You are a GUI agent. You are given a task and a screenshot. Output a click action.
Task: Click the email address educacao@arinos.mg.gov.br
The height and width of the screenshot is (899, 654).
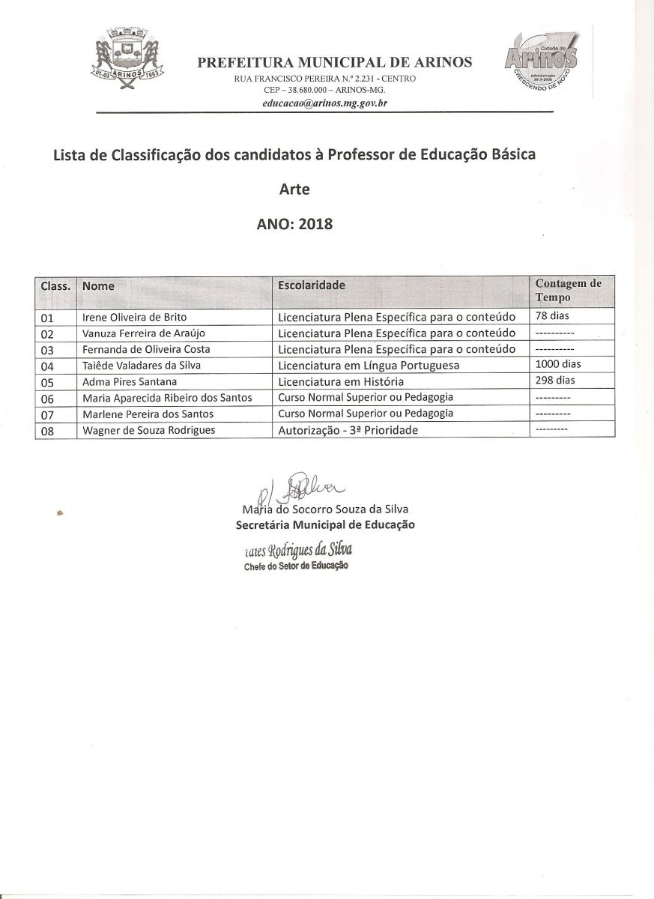pos(324,103)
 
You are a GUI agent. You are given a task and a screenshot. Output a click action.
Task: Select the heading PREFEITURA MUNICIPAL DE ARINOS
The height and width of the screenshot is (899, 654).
pos(335,63)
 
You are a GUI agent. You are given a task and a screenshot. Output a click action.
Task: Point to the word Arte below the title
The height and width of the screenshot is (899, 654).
pos(294,190)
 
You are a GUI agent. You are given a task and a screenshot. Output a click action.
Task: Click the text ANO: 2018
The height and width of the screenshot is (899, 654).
pos(294,224)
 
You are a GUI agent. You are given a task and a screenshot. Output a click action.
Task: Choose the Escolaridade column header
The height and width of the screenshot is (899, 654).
pos(312,285)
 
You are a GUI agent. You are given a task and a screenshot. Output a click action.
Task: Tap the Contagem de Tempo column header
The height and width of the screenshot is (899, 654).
pos(568,290)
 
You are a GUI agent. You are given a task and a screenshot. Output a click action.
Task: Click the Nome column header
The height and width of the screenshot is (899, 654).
pos(98,285)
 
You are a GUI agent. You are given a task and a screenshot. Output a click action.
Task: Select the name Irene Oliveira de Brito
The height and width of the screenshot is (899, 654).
pos(135,317)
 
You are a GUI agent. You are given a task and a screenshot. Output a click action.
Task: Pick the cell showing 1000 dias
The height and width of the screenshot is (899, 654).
pos(558,364)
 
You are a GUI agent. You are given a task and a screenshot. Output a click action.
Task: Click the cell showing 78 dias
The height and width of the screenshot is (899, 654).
pos(552,316)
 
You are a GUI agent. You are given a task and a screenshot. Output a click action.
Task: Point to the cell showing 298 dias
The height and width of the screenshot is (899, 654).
pos(555,380)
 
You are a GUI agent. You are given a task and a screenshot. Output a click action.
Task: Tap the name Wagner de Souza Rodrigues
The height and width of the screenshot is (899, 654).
pos(149,429)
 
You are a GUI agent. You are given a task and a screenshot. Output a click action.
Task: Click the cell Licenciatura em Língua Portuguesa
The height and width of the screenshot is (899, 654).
pos(368,365)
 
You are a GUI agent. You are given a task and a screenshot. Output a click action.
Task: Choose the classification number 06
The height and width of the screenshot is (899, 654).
pos(47,398)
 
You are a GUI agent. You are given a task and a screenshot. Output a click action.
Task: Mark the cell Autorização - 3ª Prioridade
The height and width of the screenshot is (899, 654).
pos(348,430)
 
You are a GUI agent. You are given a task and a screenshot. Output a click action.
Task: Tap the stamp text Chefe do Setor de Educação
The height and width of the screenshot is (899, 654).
pos(296,566)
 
